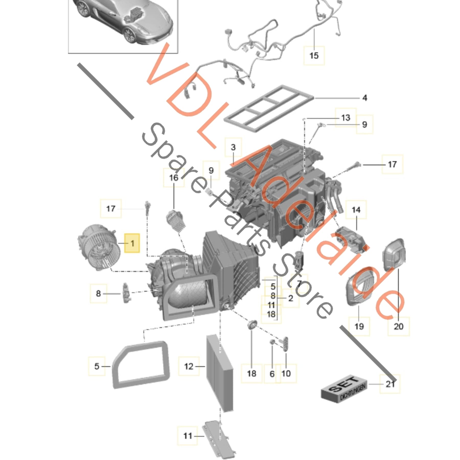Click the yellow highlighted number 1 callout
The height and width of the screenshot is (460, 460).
coord(132,243)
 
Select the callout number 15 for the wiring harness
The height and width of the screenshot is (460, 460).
coord(314,55)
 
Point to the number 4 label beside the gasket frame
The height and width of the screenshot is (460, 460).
coord(365,98)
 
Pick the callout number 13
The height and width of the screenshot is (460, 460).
coord(346,118)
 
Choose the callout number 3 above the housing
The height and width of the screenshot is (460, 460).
coord(233,147)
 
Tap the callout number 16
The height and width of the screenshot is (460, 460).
coord(174,178)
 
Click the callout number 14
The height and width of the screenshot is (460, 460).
coord(356,210)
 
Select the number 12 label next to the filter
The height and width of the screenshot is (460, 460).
coord(189,366)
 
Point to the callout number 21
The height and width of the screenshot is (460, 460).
coord(390,391)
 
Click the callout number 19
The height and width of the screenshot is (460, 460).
coord(359,326)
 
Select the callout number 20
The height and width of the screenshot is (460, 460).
coord(398,326)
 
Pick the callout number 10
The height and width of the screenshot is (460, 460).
coord(286,373)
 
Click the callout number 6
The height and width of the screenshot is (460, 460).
coord(272,374)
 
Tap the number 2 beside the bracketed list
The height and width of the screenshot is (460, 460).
coord(291,298)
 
